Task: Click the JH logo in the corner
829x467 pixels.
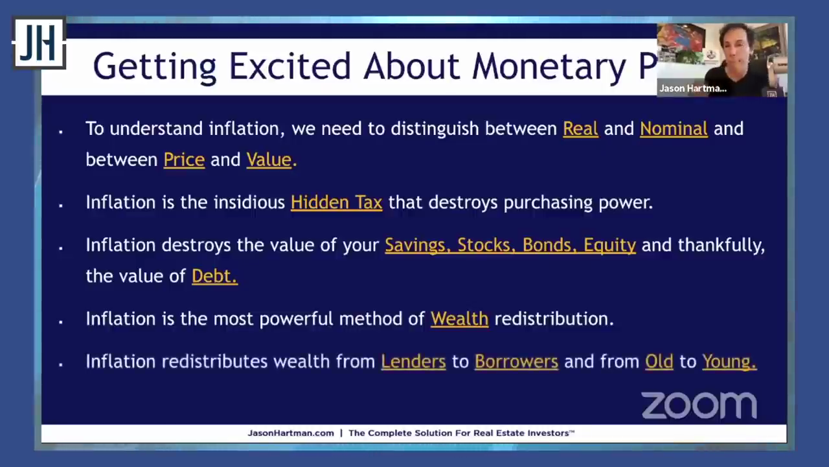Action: click(40, 43)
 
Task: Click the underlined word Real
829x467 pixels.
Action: click(580, 129)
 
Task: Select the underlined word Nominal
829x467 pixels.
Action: click(674, 129)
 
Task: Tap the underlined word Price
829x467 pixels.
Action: click(184, 160)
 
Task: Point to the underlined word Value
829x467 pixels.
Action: click(269, 160)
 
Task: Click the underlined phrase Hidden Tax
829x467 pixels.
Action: click(336, 203)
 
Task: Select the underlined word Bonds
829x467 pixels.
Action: click(550, 245)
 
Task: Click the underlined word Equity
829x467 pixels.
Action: click(609, 246)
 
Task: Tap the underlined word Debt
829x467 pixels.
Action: click(214, 276)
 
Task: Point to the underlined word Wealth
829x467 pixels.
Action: click(459, 319)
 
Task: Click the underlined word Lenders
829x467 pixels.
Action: click(413, 362)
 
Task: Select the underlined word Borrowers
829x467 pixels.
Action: click(516, 362)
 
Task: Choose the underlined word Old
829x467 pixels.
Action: click(659, 362)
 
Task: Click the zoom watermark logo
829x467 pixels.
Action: click(699, 405)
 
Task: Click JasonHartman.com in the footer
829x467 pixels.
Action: click(291, 433)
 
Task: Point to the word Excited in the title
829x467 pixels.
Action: click(290, 66)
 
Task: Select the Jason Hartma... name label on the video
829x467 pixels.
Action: click(693, 89)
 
